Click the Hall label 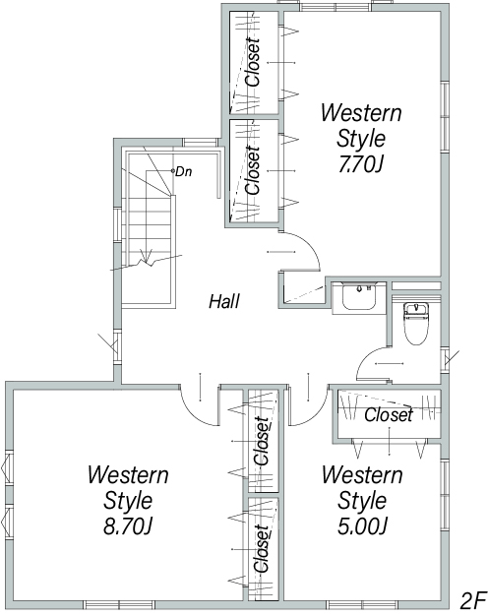224,302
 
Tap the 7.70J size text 360,165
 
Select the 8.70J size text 128,526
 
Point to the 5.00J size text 362,526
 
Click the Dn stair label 183,171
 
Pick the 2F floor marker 472,600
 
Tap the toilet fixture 416,323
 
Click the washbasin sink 359,296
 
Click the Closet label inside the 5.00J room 389,415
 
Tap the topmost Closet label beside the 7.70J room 253,62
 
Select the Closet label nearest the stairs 253,170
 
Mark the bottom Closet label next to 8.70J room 262,548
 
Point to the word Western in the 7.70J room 361,113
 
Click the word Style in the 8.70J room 128,501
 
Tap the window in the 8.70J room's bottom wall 119,604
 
